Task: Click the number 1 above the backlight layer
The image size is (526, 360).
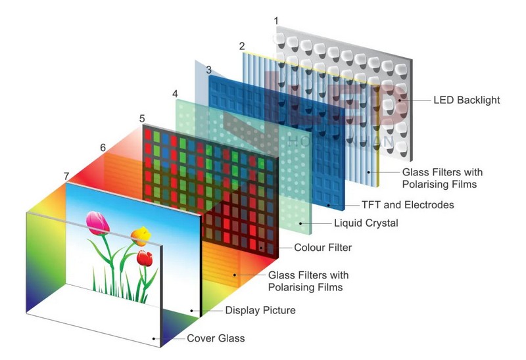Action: tap(276, 21)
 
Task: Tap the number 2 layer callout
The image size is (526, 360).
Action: tap(242, 46)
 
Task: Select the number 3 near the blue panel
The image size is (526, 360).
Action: tap(208, 69)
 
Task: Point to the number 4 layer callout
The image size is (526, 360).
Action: tap(175, 94)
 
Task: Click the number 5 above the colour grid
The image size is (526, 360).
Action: tap(142, 118)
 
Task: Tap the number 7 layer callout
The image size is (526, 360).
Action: tap(66, 176)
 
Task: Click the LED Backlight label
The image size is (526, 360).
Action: tap(467, 101)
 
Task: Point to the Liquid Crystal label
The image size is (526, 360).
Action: tap(366, 223)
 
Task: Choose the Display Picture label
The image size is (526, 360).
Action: tap(260, 310)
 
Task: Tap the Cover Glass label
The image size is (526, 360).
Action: tap(216, 339)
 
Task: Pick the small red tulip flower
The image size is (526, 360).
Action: tap(145, 257)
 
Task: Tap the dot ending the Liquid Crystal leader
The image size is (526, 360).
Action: tap(302, 223)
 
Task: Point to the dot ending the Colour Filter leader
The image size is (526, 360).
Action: tap(262, 248)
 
